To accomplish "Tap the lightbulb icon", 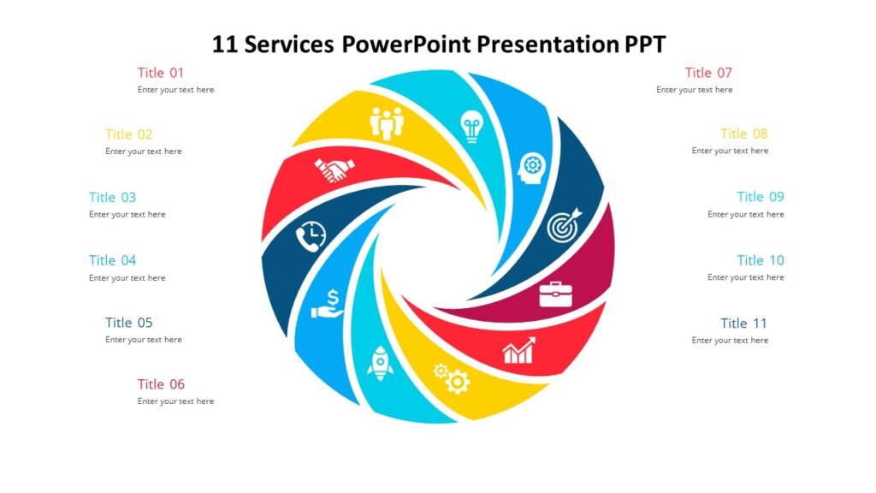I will point(471,127).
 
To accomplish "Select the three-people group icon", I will point(387,123).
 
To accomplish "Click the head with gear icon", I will point(530,166).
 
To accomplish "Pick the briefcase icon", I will point(555,294).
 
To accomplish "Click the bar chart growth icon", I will point(518,350).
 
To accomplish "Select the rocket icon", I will point(379,362).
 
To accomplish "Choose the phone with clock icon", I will point(311,236).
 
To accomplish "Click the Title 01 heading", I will point(161,73).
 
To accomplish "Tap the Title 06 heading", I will point(161,384).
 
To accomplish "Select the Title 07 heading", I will point(708,73).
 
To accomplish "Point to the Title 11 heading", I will point(743,324).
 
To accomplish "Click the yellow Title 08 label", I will point(743,134).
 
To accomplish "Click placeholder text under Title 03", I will point(127,215).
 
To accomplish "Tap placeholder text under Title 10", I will point(745,277).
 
